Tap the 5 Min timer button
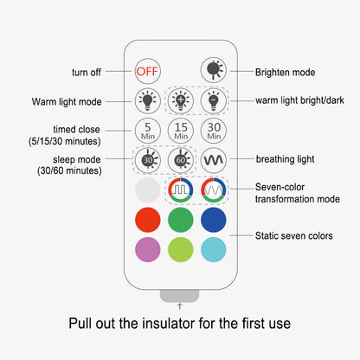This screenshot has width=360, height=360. (x=148, y=131)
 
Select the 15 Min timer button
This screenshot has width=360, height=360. (x=181, y=131)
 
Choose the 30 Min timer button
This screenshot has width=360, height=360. (x=214, y=131)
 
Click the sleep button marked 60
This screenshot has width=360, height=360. (x=181, y=160)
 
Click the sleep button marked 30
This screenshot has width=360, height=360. (x=148, y=160)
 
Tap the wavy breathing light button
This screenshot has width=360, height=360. (x=214, y=160)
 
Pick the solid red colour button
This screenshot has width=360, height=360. (x=148, y=220)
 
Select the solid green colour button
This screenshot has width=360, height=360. (x=181, y=220)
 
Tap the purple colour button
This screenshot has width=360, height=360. (x=148, y=249)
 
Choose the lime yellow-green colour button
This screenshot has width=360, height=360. (x=181, y=249)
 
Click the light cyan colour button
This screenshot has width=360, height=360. (x=214, y=249)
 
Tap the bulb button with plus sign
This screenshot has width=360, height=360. (x=181, y=101)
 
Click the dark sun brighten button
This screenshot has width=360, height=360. (x=214, y=70)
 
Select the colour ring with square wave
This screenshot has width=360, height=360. (x=181, y=190)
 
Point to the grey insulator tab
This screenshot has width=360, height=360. (x=179, y=296)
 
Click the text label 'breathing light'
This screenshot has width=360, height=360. (x=285, y=159)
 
